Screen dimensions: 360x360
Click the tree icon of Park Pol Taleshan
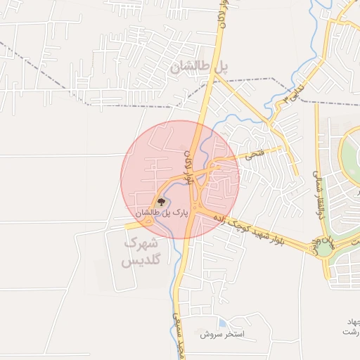pos(162,202)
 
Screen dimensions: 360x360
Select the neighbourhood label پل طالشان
pos(200,66)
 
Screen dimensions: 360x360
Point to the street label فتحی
pos(252,153)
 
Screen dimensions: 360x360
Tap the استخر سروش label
pos(221,335)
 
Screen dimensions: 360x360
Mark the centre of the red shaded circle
pos(180,179)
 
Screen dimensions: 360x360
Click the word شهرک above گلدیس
pos(139,243)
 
